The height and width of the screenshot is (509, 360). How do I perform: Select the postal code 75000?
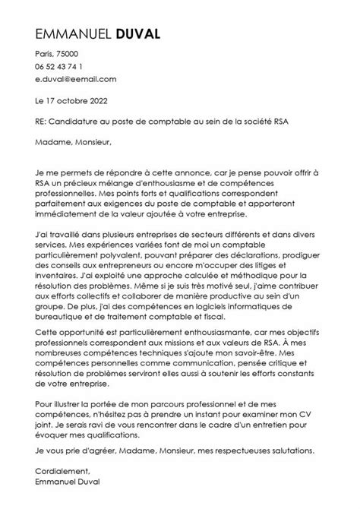(76, 55)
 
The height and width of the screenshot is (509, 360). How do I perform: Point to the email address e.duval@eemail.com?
(75, 79)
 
